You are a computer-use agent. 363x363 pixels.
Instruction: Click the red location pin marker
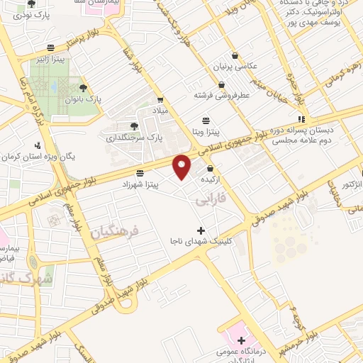coord(183,166)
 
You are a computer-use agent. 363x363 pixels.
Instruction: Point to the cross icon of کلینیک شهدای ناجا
coord(201,230)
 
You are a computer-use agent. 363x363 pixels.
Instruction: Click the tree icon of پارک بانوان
coord(84,89)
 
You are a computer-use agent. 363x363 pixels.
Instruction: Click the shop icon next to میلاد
coord(161,100)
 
